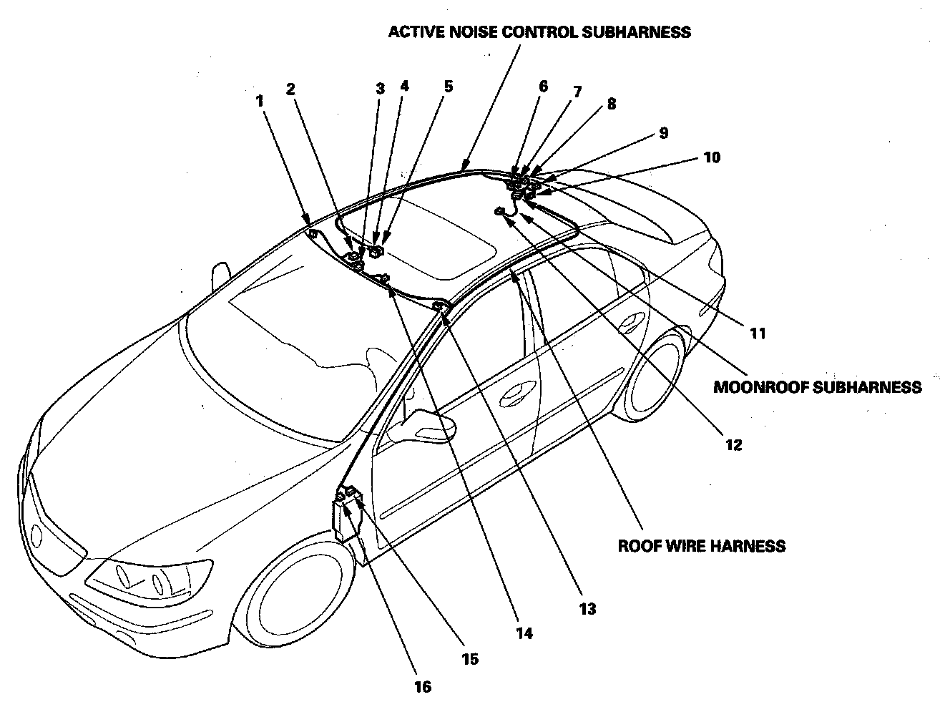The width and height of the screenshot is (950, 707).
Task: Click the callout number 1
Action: pos(260,102)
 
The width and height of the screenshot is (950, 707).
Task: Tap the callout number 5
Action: pos(449,87)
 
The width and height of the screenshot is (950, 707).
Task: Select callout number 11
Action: pos(758,333)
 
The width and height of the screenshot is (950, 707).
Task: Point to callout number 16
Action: pos(422,687)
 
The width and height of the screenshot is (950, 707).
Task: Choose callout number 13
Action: pos(587,609)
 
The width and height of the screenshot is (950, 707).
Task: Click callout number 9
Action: pos(663,133)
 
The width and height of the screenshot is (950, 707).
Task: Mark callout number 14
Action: pos(524,633)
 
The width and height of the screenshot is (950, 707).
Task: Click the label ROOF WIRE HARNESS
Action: pos(701,546)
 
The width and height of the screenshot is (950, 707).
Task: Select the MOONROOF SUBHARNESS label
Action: pos(817,387)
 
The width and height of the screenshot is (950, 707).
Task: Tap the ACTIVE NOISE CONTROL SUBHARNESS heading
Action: pos(539,32)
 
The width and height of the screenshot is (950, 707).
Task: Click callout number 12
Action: pos(733,445)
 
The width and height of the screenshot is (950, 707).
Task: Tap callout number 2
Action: pos(290,89)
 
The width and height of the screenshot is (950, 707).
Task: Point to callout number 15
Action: pos(470,659)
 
